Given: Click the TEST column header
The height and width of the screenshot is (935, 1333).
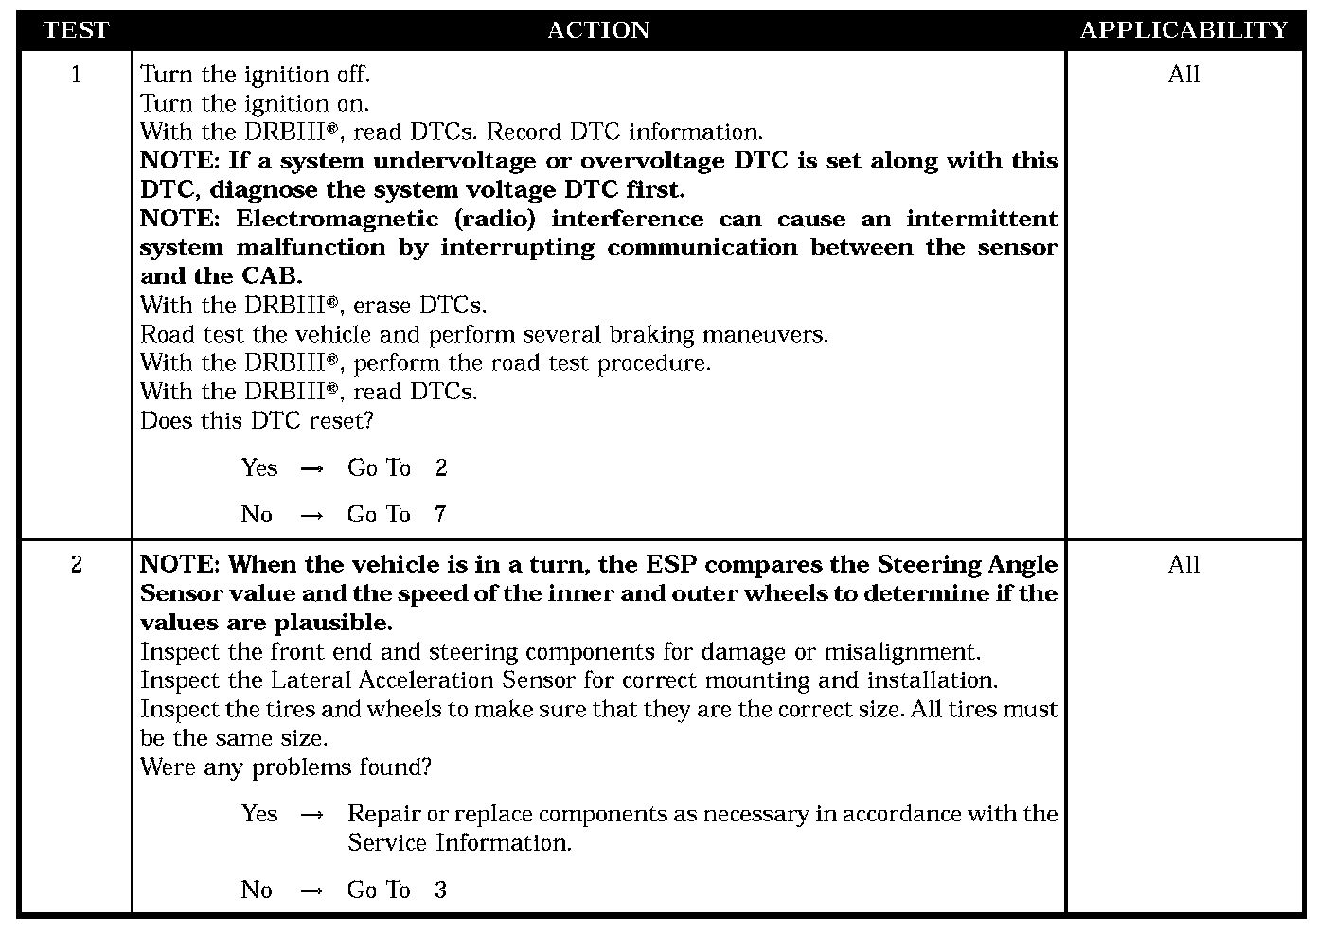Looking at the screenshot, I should pos(76,30).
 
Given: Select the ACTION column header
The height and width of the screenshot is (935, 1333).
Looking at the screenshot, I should pos(598,30).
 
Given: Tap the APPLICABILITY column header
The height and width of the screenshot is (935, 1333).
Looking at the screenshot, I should pos(1183,30).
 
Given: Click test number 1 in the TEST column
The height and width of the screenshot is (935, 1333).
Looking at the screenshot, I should pos(76,75).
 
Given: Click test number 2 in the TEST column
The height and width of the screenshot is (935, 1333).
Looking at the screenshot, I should pos(76,565).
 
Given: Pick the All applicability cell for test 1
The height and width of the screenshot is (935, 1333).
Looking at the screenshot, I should pos(1183,75).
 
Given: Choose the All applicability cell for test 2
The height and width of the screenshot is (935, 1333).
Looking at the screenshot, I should pos(1183,565).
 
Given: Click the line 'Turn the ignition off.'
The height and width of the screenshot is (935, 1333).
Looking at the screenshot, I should pos(255,75).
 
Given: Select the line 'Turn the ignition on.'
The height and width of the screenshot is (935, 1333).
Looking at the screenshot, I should pos(255,103).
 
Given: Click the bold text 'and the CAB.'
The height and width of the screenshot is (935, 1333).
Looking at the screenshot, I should pos(221,276).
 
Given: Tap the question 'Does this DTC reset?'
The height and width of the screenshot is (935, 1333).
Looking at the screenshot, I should pos(257,420).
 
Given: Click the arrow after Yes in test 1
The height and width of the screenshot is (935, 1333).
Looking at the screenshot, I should pos(311,468).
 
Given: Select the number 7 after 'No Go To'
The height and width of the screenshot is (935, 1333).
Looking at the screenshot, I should pos(440,515).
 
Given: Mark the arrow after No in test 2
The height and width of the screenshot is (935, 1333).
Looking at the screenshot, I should pos(311,891).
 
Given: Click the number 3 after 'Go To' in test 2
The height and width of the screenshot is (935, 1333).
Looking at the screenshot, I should pos(440,891).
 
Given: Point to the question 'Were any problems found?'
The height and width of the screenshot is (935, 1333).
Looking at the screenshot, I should pos(285,767).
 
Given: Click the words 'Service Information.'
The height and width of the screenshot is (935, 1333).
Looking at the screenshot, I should pos(459,843).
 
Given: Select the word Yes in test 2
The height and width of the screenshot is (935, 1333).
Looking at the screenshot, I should pos(258,814).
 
